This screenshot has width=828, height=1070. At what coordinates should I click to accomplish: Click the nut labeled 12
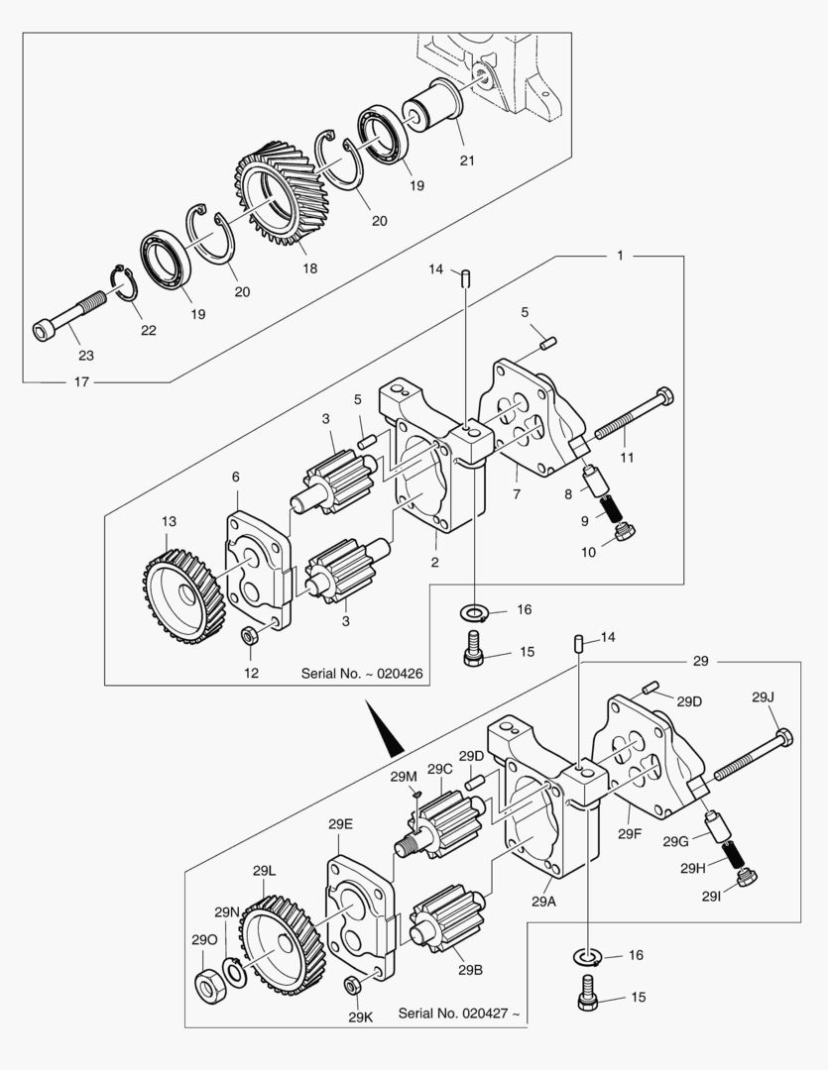coord(251,636)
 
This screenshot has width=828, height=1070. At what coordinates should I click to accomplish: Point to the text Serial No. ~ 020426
coord(362,673)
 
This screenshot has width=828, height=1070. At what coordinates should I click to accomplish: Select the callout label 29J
coord(762,697)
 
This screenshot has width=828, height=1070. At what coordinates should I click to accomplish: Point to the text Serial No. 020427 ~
coord(458,1014)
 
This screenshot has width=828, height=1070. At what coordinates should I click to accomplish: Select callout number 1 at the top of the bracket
coord(620,256)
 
